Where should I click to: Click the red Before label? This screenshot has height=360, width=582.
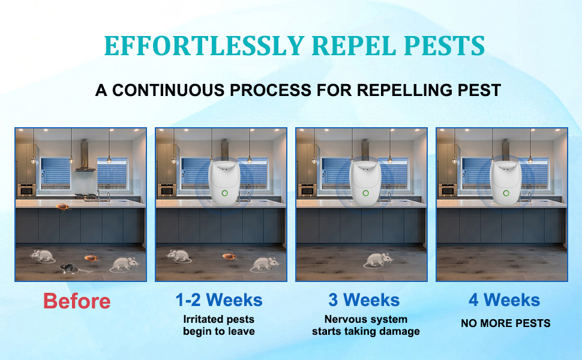(77, 301)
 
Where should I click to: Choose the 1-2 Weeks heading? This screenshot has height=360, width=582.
(219, 299)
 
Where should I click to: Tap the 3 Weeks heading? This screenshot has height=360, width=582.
(364, 299)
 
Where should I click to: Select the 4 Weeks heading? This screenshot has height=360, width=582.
(505, 299)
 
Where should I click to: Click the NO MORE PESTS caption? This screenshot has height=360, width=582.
(505, 323)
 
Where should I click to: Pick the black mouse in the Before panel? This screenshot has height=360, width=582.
(73, 268)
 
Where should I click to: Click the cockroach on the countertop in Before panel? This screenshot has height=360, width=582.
(63, 207)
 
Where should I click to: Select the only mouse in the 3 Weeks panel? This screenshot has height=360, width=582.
(378, 260)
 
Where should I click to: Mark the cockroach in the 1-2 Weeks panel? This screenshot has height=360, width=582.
(229, 256)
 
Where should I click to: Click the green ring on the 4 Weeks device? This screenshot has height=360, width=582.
(505, 194)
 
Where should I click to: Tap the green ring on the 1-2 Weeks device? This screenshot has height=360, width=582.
(224, 194)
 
